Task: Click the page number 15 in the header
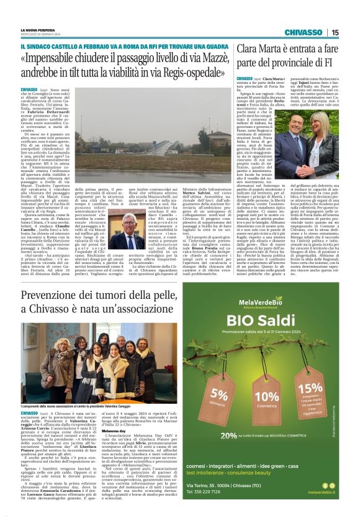click(335, 32)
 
